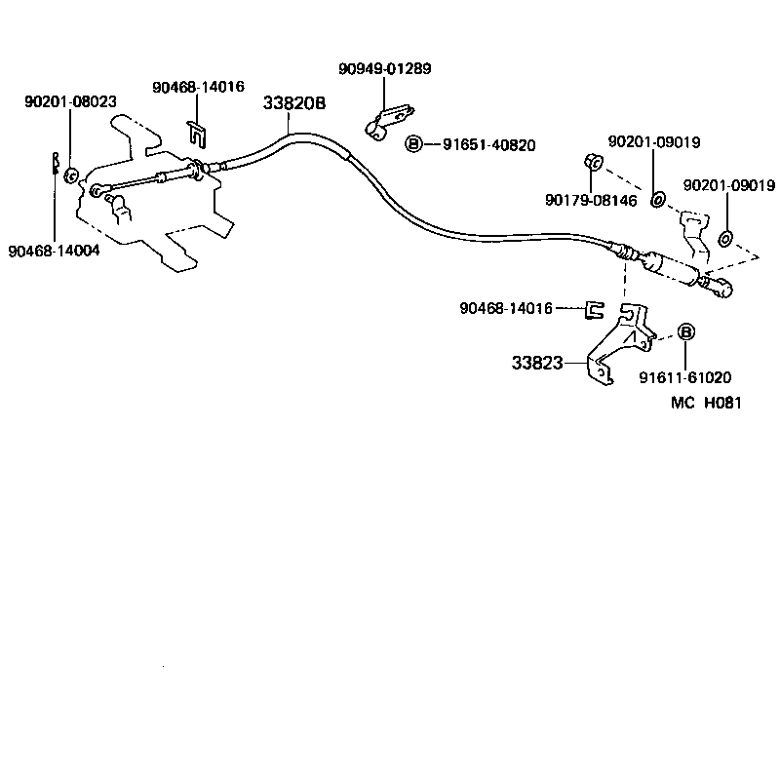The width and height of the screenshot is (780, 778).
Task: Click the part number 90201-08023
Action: click(70, 100)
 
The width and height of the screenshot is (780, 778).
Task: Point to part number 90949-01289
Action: click(384, 69)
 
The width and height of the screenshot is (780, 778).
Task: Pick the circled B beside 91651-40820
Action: click(413, 144)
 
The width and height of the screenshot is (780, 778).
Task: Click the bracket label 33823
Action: click(537, 363)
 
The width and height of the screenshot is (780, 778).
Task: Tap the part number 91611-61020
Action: click(685, 376)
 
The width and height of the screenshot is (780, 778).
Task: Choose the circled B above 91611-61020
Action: click(684, 332)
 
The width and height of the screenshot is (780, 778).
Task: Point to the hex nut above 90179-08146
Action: click(591, 161)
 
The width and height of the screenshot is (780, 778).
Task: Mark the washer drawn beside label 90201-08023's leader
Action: click(70, 176)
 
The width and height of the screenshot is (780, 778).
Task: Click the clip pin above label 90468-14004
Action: click(56, 165)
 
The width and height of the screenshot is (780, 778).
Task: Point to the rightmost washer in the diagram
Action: click(725, 239)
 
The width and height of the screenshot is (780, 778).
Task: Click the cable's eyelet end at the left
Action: click(96, 190)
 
